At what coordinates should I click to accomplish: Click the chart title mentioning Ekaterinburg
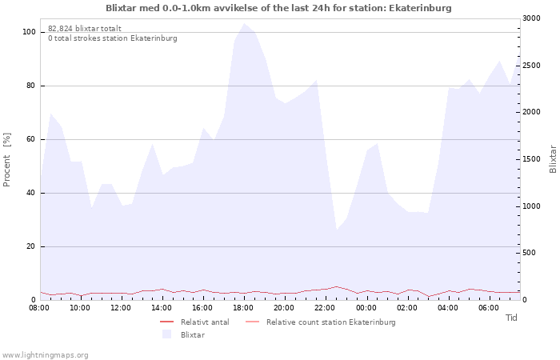pyautogui.click(x=278, y=8)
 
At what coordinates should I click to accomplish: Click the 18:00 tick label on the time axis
pyautogui.click(x=243, y=308)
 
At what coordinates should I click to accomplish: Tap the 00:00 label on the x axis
pyautogui.click(x=366, y=308)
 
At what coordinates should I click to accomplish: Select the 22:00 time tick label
pyautogui.click(x=325, y=308)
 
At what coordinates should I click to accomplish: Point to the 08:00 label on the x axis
pyautogui.click(x=39, y=308)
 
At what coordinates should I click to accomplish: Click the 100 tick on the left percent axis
pyautogui.click(x=29, y=32)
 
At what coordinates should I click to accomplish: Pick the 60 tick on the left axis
pyautogui.click(x=30, y=139)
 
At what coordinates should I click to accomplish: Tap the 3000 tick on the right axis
pyautogui.click(x=531, y=18)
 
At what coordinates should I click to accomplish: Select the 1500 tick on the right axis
pyautogui.click(x=531, y=159)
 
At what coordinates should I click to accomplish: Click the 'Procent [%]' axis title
pyautogui.click(x=6, y=160)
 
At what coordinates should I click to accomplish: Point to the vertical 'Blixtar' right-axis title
pyautogui.click(x=553, y=159)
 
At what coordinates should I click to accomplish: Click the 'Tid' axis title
pyautogui.click(x=511, y=318)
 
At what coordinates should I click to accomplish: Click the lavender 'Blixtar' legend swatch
pyautogui.click(x=166, y=334)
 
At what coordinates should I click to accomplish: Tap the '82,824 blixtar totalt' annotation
pyautogui.click(x=85, y=29)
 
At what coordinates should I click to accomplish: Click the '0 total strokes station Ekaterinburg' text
pyautogui.click(x=113, y=38)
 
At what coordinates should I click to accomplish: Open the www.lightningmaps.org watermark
pyautogui.click(x=45, y=355)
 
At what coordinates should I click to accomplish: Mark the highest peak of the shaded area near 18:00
pyautogui.click(x=244, y=23)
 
